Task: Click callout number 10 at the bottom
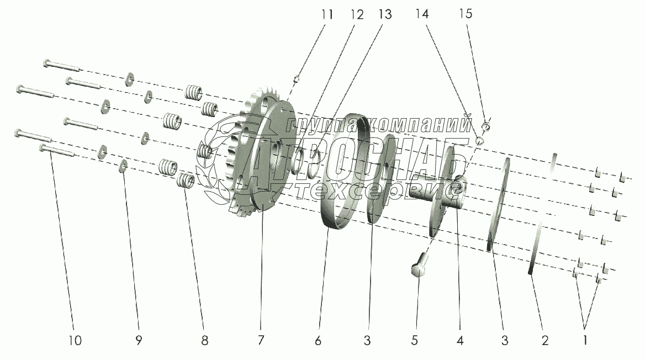pos(75,340)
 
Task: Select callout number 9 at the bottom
pos(139,340)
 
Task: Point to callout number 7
pos(262,340)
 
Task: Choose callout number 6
pos(318,340)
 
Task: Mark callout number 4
pos(460,340)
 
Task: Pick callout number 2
pos(545,340)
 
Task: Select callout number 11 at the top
pos(327,14)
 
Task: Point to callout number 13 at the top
pos(384,14)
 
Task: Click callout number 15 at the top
pos(466,14)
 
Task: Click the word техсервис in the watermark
pos(376,190)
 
